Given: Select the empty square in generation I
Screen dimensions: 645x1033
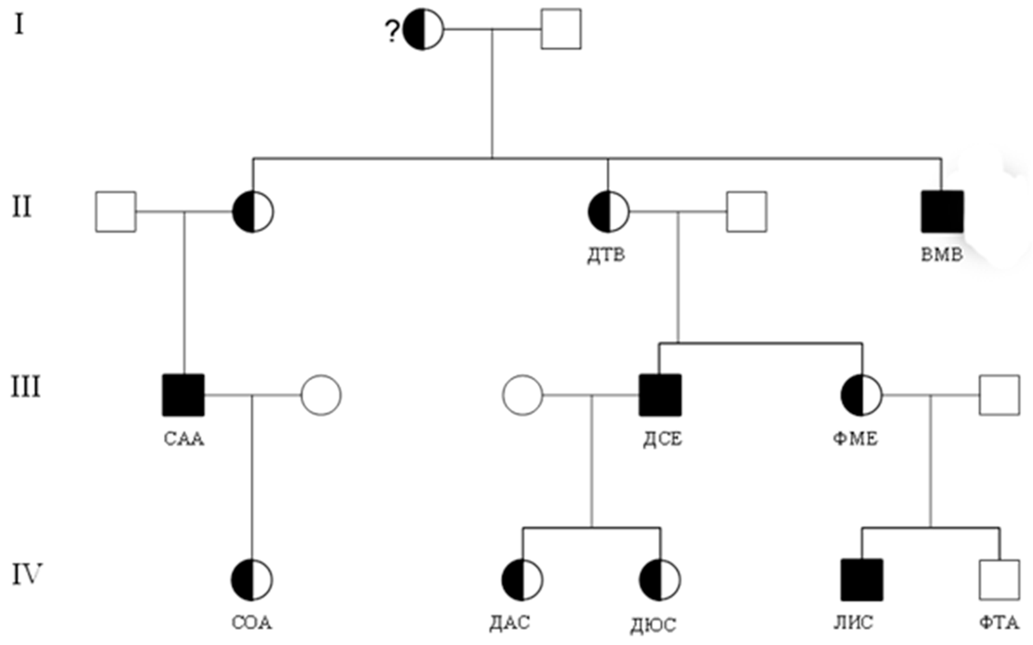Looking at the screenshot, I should point(561,29).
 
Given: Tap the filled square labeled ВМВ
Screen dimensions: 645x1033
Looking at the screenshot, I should point(942,212).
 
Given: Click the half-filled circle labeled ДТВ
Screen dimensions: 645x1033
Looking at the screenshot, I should point(608,212).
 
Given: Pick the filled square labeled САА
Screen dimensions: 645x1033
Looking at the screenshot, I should point(183,395).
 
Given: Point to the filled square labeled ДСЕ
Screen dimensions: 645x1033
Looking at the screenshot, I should point(660,395).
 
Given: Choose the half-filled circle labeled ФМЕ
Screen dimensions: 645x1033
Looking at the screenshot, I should point(861,395).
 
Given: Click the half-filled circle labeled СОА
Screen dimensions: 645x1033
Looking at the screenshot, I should point(252,580).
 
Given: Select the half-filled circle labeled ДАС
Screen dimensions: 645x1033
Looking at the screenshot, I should point(522,580).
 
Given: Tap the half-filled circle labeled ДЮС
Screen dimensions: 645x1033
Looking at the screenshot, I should point(660,580).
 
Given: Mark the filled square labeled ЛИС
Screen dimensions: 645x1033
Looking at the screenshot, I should point(862,580).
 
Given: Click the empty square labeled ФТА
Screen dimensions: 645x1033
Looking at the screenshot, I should point(999,580).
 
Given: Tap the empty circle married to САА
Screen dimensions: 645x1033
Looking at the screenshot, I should point(321,395).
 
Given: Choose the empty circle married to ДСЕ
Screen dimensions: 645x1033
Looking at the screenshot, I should point(522,395).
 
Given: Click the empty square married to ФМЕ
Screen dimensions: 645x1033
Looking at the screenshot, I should point(999,395).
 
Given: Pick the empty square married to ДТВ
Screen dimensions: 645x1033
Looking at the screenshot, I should point(747,212).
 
